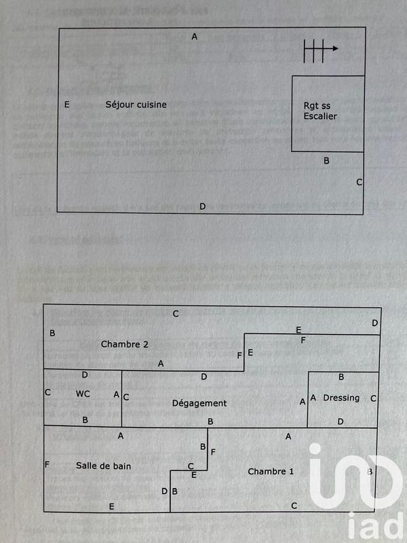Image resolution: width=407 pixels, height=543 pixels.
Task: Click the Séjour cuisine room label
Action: [x=136, y=105]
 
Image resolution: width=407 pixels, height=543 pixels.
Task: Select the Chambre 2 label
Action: [x=125, y=344]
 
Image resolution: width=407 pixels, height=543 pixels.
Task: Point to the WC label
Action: [x=83, y=394]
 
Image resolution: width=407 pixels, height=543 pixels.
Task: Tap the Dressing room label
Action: [x=341, y=398]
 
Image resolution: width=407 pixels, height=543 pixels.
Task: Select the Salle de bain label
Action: [x=104, y=466]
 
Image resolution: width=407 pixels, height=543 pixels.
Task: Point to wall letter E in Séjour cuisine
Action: [x=66, y=105]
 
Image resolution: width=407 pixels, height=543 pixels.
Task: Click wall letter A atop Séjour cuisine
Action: [x=195, y=37]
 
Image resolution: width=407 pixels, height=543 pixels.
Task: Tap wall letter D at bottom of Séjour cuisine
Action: [x=202, y=206]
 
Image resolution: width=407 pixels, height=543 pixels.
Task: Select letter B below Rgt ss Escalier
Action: [x=326, y=161]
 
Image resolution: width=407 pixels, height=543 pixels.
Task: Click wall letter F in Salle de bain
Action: [x=47, y=465]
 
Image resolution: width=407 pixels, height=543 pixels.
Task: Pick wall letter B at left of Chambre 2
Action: [x=52, y=333]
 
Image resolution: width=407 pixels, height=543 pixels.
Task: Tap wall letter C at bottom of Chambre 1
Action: [x=294, y=506]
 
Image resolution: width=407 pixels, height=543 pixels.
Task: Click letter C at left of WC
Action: [x=47, y=392]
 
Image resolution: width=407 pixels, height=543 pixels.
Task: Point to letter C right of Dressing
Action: [x=373, y=398]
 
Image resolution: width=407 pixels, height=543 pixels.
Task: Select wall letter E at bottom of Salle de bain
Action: [x=111, y=507]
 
